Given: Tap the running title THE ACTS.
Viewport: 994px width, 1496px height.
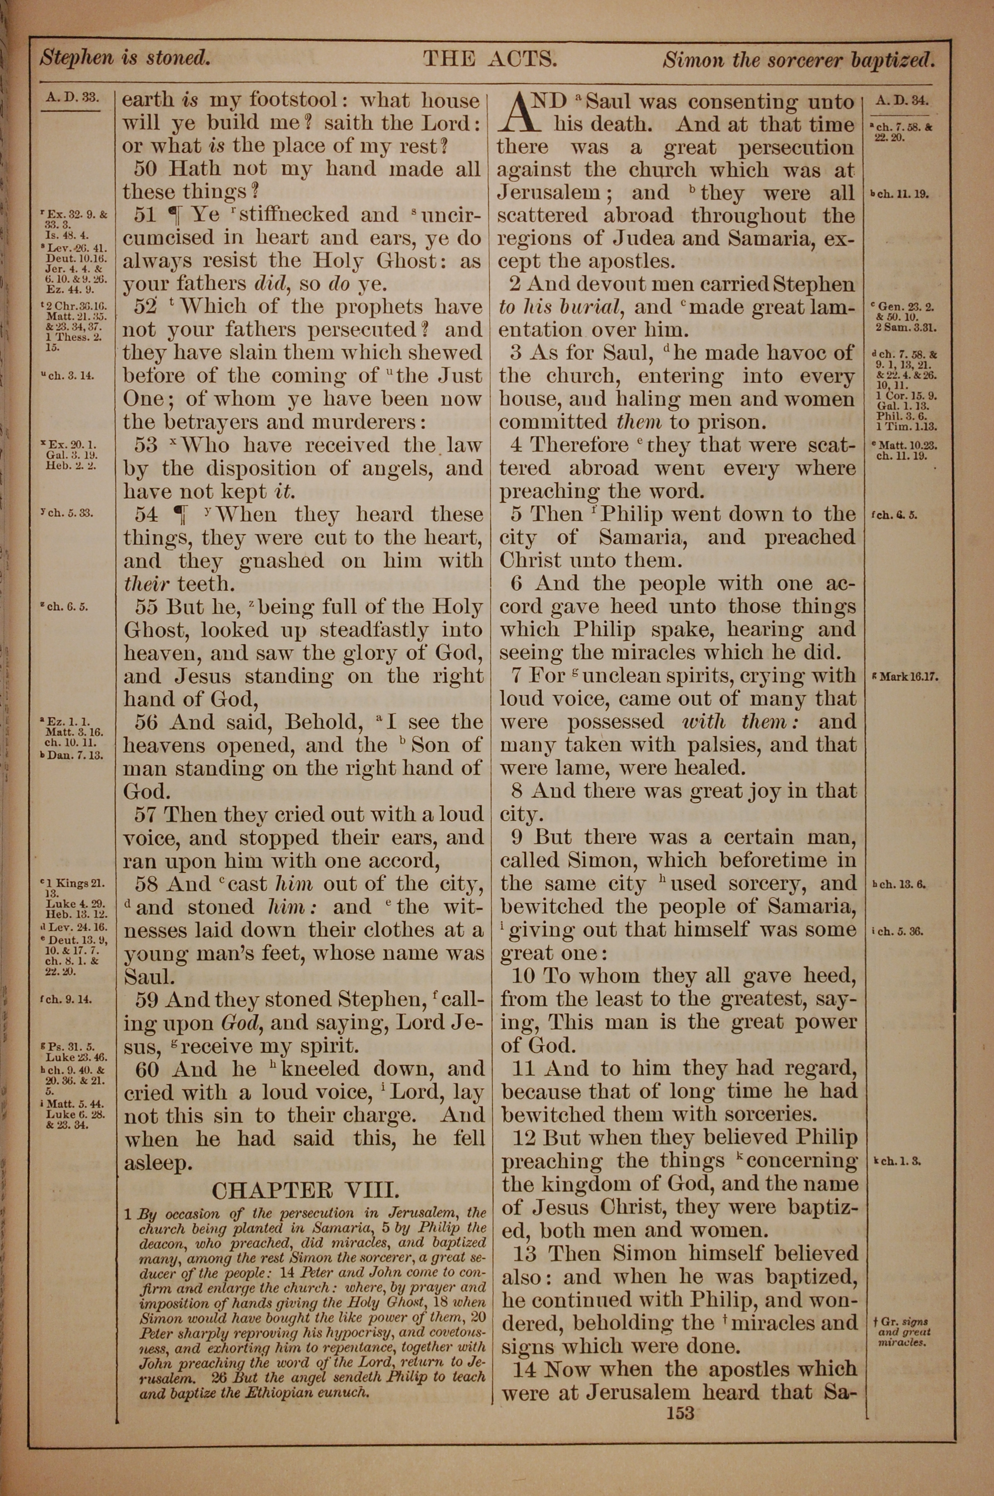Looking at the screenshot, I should [x=490, y=59].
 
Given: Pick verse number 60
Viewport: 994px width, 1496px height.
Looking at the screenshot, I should [x=147, y=1069].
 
